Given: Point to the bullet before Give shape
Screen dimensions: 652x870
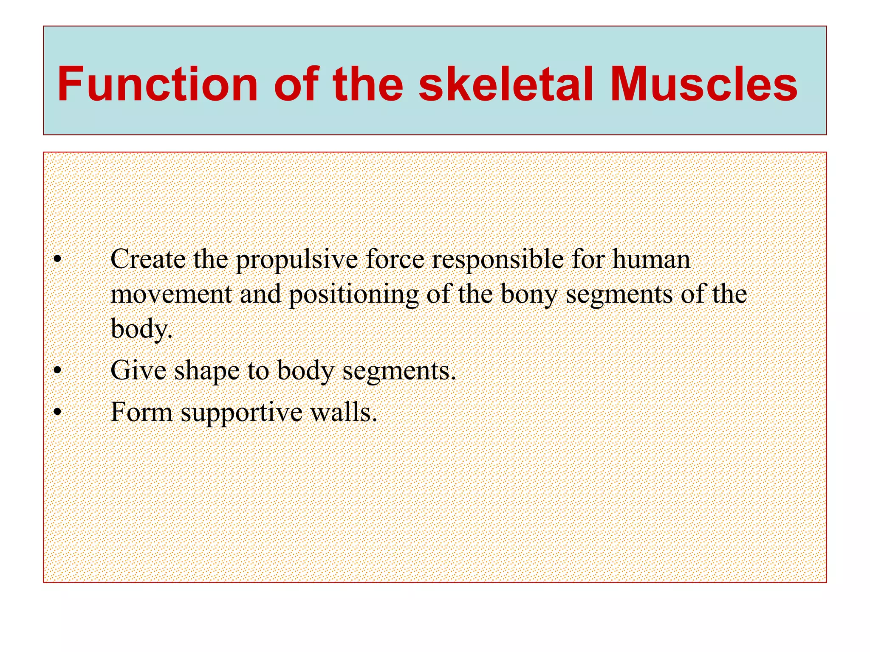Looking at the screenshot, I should pos(58,371).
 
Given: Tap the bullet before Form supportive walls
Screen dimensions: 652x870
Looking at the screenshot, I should pos(58,412).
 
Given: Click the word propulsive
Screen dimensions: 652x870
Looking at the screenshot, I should pos(297,260).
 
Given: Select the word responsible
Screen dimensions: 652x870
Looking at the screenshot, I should pos(497,260).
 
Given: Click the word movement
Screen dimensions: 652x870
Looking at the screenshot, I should pos(171,294).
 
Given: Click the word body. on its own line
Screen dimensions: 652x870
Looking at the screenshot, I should pos(141,329).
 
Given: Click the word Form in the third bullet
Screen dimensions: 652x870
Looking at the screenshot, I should pos(141,412).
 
